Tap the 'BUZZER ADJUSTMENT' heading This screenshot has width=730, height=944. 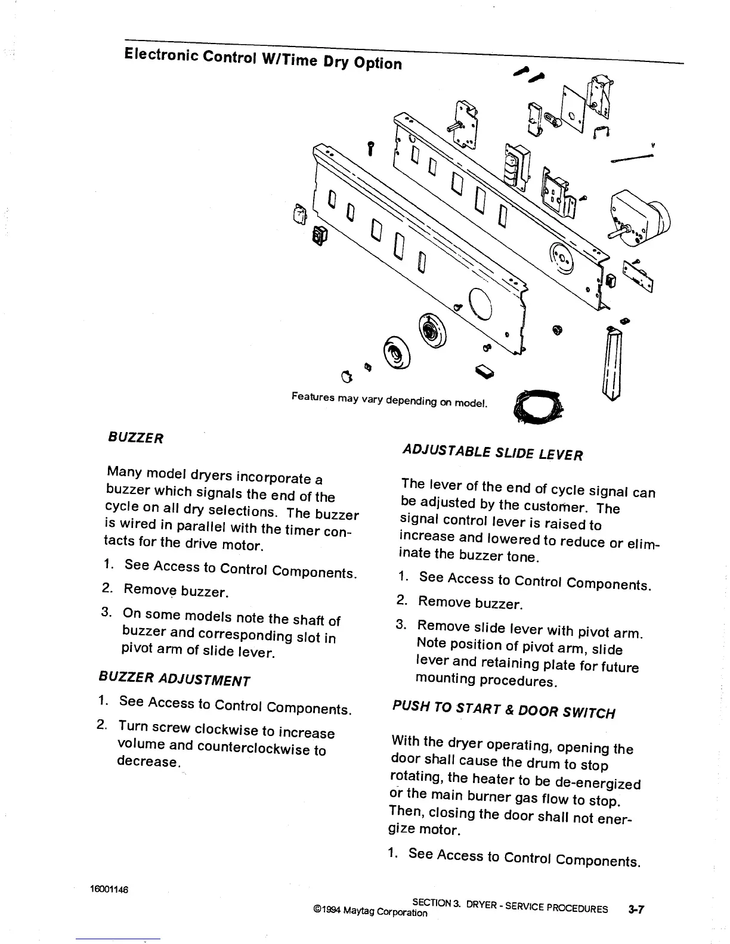174,679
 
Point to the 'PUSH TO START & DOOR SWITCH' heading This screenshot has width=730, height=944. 503,709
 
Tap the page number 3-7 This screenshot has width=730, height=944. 637,909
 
